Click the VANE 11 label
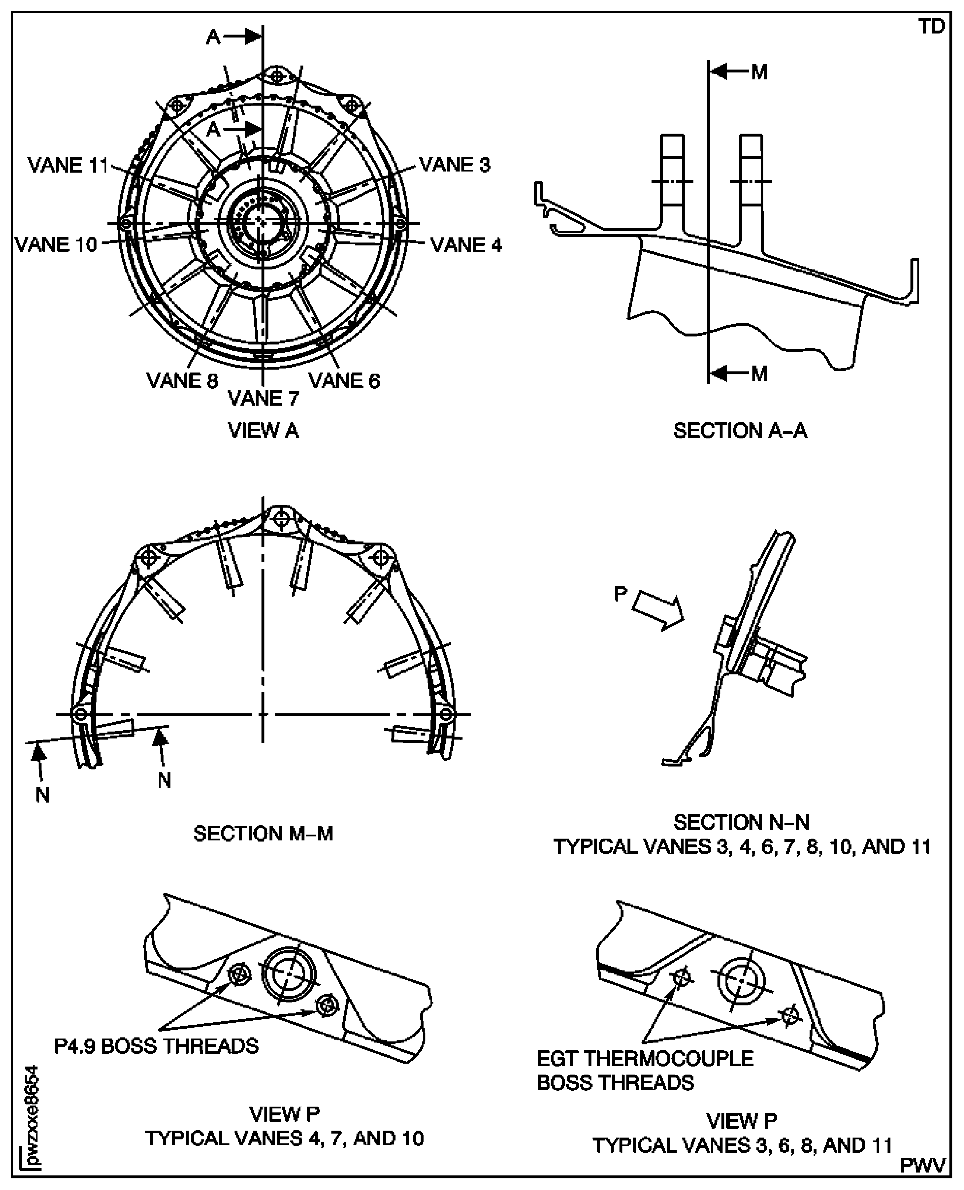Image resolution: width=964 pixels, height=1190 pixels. (68, 165)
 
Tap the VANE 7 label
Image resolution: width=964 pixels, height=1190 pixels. (263, 398)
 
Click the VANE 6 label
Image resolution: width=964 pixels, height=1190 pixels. (344, 381)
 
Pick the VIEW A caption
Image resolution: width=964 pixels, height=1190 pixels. (263, 430)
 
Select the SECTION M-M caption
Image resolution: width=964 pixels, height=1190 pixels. (263, 834)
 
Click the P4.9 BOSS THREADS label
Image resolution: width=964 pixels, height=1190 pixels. (156, 1046)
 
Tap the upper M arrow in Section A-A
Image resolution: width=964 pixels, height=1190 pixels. (727, 72)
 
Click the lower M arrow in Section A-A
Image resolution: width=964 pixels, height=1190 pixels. (727, 374)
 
